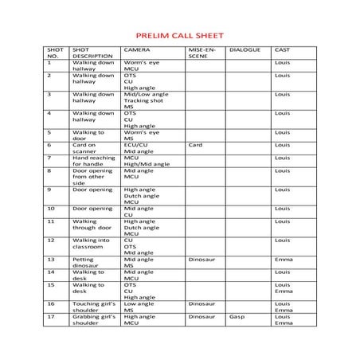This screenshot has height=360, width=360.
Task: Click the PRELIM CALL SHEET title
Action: click(x=179, y=36)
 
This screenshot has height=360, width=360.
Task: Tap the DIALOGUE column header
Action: click(x=242, y=50)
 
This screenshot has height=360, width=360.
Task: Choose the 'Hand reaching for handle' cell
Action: click(x=92, y=161)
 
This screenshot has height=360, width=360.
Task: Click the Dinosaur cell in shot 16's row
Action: click(x=202, y=304)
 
